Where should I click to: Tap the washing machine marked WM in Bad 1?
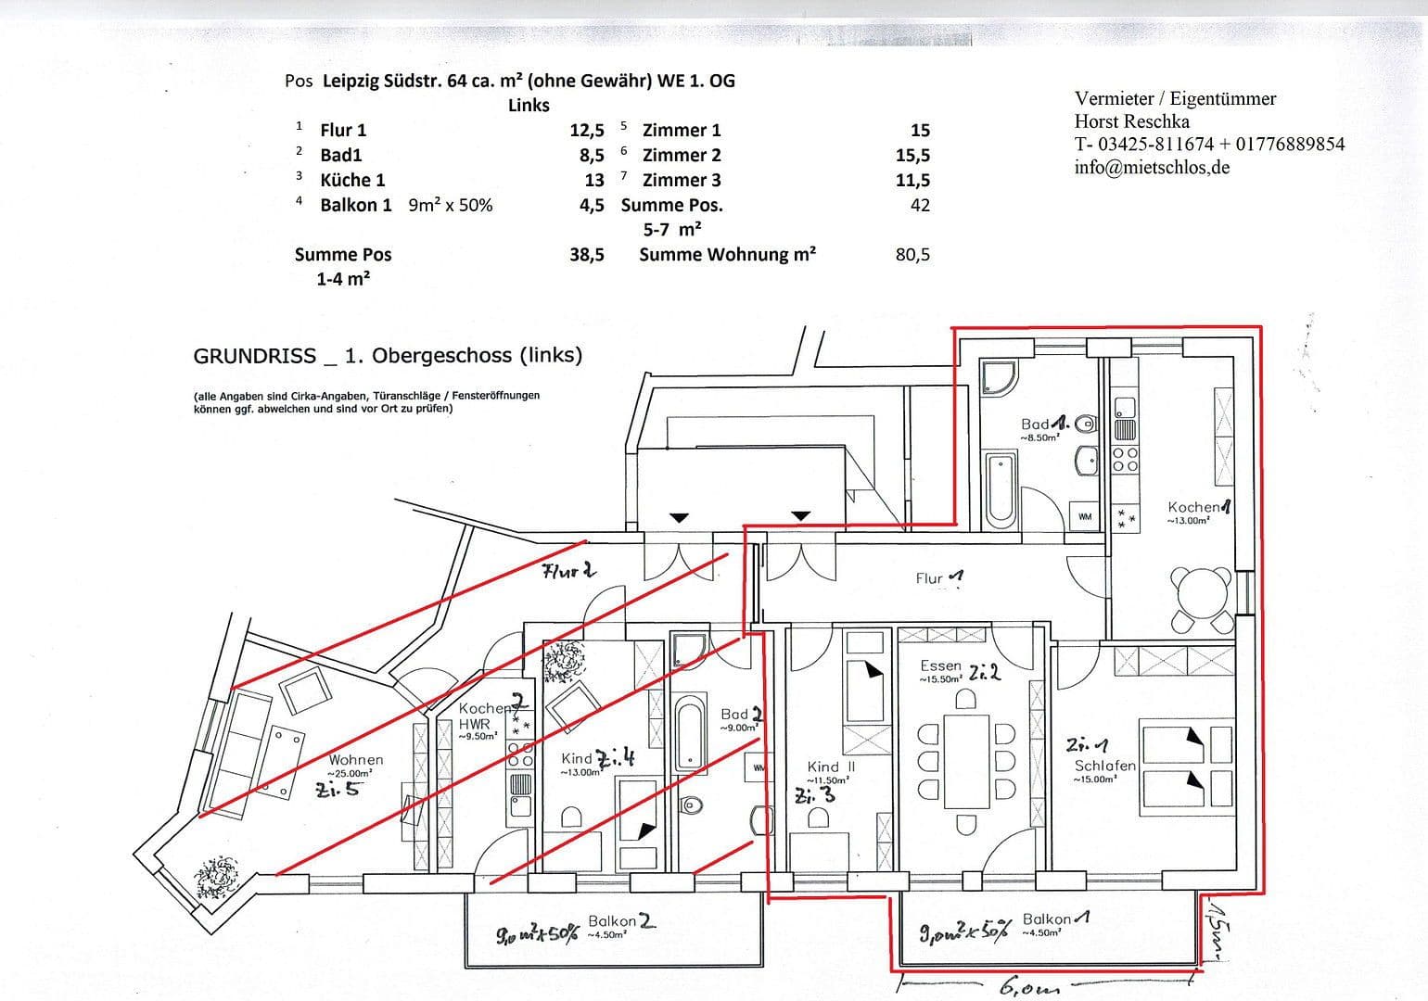pyautogui.click(x=1084, y=516)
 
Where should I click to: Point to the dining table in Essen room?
pyautogui.click(x=966, y=760)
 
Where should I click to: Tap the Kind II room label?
pyautogui.click(x=831, y=767)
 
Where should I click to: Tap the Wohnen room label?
pyautogui.click(x=354, y=760)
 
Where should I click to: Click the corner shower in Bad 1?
pyautogui.click(x=1000, y=379)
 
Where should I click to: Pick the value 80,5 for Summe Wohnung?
pyautogui.click(x=912, y=255)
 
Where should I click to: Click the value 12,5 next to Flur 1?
pyautogui.click(x=586, y=131)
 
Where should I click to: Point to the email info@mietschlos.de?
pyautogui.click(x=1152, y=168)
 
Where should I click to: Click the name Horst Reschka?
pyautogui.click(x=1131, y=121)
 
